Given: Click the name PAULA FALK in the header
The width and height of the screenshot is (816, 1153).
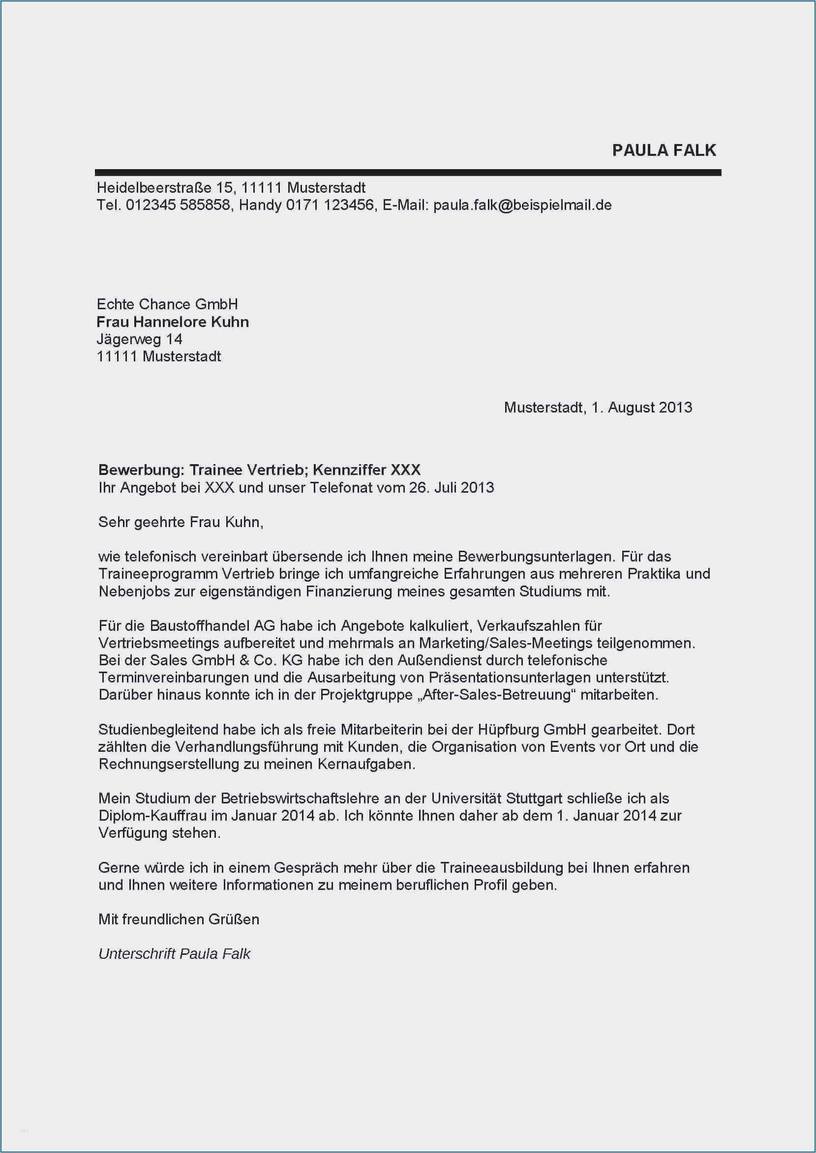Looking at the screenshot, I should (x=664, y=150).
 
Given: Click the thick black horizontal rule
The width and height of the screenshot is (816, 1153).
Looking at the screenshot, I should (x=408, y=173).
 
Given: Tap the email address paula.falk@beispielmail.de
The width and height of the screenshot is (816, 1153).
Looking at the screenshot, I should (x=522, y=205).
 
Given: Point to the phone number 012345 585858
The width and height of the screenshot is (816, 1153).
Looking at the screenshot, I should (x=178, y=205).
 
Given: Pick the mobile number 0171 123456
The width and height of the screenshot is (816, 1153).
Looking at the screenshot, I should (x=330, y=205).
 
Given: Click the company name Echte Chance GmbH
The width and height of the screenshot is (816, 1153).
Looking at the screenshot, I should (x=167, y=304).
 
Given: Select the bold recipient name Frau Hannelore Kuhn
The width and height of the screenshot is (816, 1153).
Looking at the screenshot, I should (x=172, y=322).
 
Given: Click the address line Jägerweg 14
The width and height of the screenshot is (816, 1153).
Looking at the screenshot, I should (x=139, y=339).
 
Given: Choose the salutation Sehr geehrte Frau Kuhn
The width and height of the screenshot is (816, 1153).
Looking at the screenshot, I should (x=181, y=522).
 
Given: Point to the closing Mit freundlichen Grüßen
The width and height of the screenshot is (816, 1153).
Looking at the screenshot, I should (x=179, y=919).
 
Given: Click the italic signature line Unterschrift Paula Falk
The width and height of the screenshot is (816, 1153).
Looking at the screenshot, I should (x=174, y=954).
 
